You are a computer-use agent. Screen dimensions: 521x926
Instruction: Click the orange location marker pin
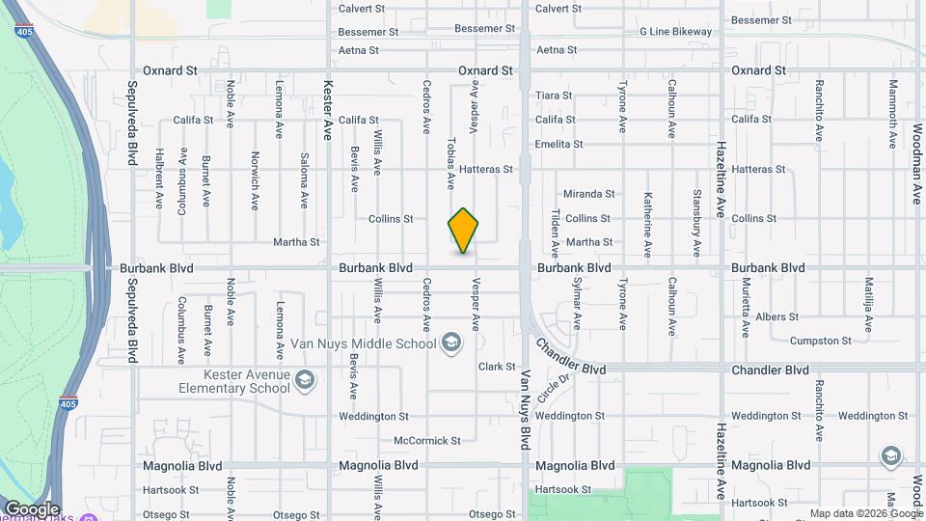click(x=464, y=231)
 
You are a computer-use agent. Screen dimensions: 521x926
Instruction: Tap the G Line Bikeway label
click(x=675, y=32)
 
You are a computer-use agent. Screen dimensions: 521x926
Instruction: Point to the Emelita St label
click(x=559, y=144)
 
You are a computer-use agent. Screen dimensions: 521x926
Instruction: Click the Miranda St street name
click(x=589, y=194)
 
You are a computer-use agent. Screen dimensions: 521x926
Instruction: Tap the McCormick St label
click(x=427, y=441)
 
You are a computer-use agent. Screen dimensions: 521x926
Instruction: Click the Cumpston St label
click(x=820, y=341)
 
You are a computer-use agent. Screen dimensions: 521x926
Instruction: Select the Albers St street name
click(x=777, y=316)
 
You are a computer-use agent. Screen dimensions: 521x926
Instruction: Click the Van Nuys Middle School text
click(x=364, y=343)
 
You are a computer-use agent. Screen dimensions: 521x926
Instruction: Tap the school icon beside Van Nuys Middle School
click(x=450, y=343)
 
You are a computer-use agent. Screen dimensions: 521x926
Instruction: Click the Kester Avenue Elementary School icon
click(x=305, y=380)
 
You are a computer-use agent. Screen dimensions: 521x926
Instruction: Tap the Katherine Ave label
click(x=648, y=224)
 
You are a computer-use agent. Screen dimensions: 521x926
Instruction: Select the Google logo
click(x=32, y=509)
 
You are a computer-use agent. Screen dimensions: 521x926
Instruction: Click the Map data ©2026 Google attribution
click(x=864, y=513)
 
